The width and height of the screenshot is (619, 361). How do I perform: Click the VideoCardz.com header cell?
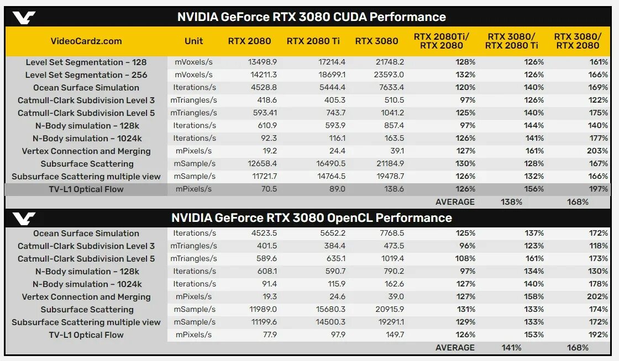(x=86, y=41)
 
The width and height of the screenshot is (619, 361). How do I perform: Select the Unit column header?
(x=193, y=41)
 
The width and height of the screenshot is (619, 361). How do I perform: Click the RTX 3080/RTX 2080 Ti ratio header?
(x=511, y=41)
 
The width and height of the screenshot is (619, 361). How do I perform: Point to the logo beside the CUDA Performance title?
(x=24, y=17)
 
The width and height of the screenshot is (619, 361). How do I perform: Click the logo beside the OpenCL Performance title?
(x=24, y=218)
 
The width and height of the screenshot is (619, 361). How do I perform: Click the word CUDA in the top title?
(x=350, y=17)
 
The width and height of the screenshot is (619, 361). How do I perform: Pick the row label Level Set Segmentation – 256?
(x=86, y=75)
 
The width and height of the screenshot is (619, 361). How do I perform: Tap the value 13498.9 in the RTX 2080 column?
(x=264, y=62)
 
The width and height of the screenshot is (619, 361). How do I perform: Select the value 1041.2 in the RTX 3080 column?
(x=391, y=113)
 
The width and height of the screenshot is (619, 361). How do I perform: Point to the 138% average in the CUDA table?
(x=511, y=202)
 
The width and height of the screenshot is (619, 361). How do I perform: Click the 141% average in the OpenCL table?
(x=511, y=348)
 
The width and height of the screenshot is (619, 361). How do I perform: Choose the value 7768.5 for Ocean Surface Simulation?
(x=391, y=233)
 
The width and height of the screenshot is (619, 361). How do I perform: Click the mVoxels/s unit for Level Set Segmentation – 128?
(x=193, y=62)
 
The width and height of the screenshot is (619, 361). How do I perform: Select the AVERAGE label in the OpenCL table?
(x=455, y=348)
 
